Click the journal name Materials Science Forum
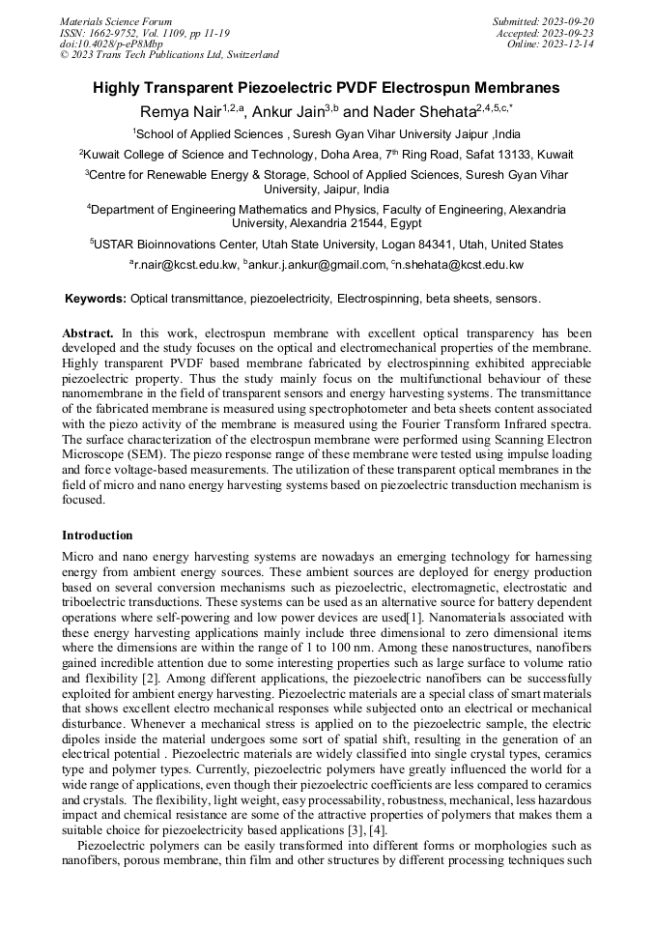point(116,21)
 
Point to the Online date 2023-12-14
point(573,43)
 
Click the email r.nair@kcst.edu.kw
point(185,264)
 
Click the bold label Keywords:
point(95,299)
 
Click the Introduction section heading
point(98,535)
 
